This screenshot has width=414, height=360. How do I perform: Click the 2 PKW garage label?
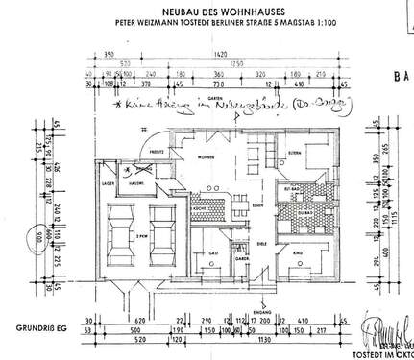pos(141,233)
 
